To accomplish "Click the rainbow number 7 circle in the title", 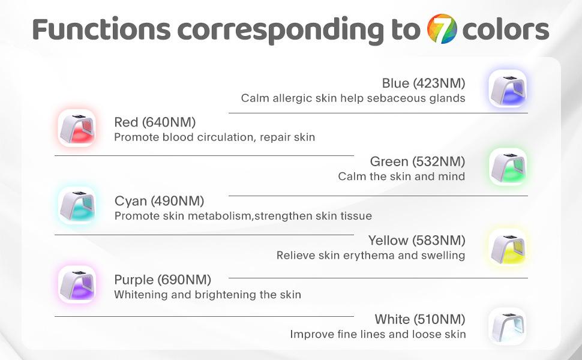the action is point(442,29).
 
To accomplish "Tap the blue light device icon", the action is point(508,89).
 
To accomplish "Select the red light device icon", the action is point(77,128).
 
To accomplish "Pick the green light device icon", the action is point(508,167).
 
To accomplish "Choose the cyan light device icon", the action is point(77,206).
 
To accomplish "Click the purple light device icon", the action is point(77,284).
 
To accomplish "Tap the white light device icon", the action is point(508,326).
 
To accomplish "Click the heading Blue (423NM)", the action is point(424,83).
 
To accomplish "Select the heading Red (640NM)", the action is point(155,122).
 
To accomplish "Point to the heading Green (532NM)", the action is point(418,162).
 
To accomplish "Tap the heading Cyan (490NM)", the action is point(159,201).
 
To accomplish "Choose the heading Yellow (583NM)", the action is point(417,241).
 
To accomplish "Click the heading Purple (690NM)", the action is point(163,280).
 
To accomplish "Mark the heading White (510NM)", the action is point(420,319).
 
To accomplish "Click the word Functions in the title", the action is point(102,29).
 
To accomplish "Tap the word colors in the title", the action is point(506,29).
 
